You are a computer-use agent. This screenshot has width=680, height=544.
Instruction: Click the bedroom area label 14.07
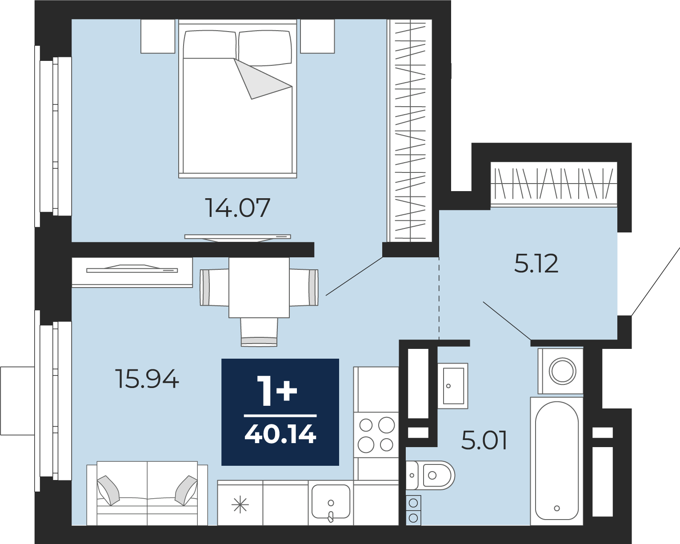[238, 208]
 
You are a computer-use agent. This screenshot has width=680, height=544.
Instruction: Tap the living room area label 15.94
[147, 379]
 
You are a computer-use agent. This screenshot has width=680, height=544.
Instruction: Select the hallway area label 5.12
[536, 263]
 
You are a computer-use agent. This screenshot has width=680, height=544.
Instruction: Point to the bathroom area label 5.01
[484, 440]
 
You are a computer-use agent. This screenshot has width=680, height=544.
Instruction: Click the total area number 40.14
[280, 434]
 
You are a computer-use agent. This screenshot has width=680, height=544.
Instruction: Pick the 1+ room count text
[277, 391]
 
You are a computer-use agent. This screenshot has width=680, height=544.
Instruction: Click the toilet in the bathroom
[430, 475]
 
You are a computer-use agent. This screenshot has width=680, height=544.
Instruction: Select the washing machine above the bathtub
[560, 371]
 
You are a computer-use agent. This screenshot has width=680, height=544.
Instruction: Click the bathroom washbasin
[453, 386]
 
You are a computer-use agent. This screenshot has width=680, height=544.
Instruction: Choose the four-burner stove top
[376, 435]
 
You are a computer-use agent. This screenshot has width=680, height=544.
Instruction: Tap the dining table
[259, 287]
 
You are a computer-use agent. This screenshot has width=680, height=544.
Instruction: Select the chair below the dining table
[259, 332]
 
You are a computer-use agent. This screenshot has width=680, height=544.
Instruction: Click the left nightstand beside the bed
[158, 36]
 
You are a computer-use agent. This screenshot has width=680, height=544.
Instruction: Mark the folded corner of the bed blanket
[259, 79]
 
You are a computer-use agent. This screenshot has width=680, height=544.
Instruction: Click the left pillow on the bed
[209, 44]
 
